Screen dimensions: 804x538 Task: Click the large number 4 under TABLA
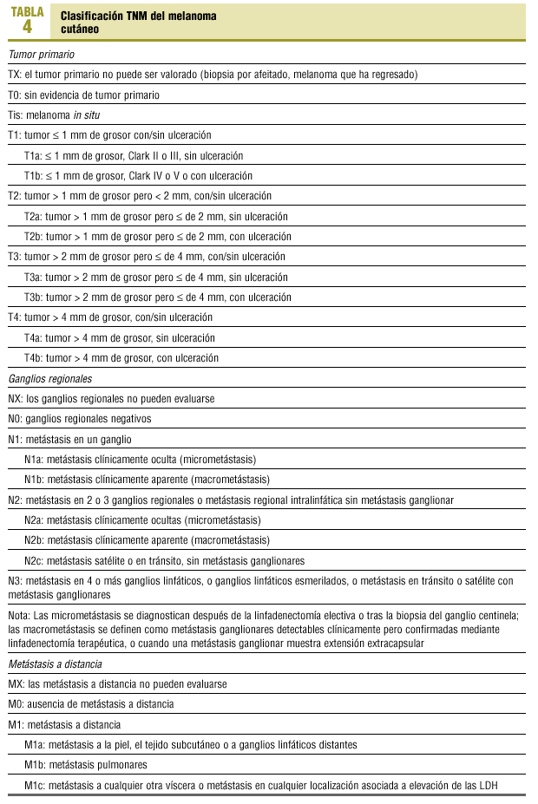(27, 27)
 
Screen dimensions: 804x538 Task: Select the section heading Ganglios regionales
(49, 379)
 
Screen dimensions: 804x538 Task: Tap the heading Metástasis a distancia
(55, 663)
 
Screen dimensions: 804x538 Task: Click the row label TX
(14, 75)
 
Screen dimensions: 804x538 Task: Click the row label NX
(15, 399)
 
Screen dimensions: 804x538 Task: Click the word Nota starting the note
(18, 615)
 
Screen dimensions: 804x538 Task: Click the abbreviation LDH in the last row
(489, 786)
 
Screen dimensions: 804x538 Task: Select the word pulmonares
(121, 765)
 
